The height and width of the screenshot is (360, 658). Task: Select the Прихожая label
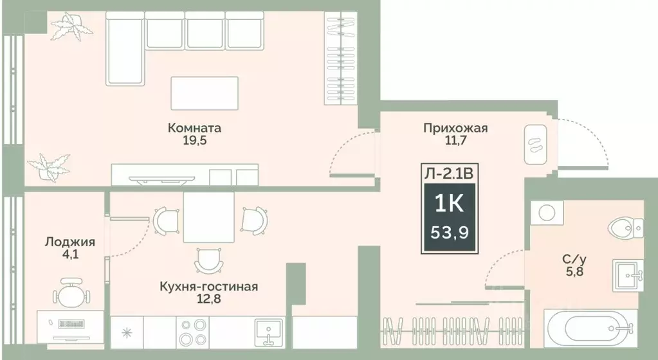[x=455, y=128]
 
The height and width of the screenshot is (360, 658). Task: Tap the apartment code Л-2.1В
[x=450, y=172]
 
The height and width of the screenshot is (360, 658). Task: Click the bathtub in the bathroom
[x=594, y=330]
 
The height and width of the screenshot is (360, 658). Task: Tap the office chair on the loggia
[x=70, y=293]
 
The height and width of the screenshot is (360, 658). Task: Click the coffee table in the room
[x=204, y=93]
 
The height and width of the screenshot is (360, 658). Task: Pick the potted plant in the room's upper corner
[x=71, y=29]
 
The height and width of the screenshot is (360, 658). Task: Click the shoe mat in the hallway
[x=535, y=144]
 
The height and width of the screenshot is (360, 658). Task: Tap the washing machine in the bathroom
[x=548, y=212]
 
